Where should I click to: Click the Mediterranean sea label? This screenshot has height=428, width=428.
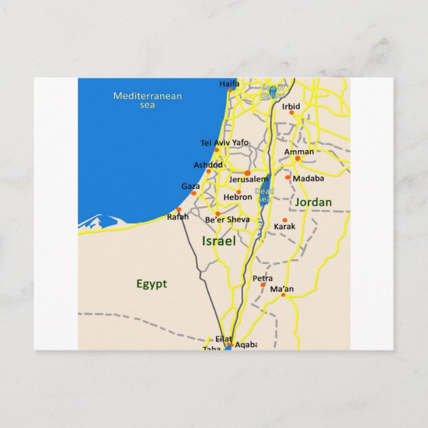147,100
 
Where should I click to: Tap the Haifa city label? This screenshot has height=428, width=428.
229,84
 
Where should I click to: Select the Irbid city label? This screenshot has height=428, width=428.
291,106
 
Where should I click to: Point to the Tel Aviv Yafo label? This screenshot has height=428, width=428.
224,143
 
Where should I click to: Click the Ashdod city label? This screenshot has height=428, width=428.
208,164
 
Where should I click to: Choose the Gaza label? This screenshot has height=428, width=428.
190,187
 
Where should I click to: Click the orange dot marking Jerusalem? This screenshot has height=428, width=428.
247,173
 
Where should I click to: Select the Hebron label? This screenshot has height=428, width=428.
238,197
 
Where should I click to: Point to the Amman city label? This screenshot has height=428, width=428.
298,152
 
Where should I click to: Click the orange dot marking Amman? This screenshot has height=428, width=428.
298,158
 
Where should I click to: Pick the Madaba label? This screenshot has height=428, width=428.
308,178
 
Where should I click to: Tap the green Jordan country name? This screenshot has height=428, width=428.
313,202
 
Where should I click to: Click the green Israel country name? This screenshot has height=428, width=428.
219,241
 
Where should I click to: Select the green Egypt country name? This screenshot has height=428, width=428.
152,284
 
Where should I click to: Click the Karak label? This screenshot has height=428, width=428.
284,227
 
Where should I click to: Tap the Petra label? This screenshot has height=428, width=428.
263,278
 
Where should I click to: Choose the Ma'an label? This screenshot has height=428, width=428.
282,289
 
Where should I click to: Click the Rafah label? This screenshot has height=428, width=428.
177,217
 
